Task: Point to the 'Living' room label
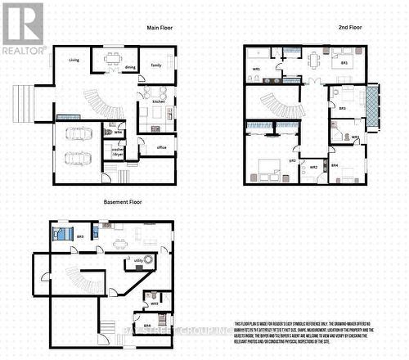(74, 60)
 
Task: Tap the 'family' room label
(155, 65)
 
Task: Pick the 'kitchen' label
(159, 101)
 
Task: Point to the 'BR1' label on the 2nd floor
(344, 63)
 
